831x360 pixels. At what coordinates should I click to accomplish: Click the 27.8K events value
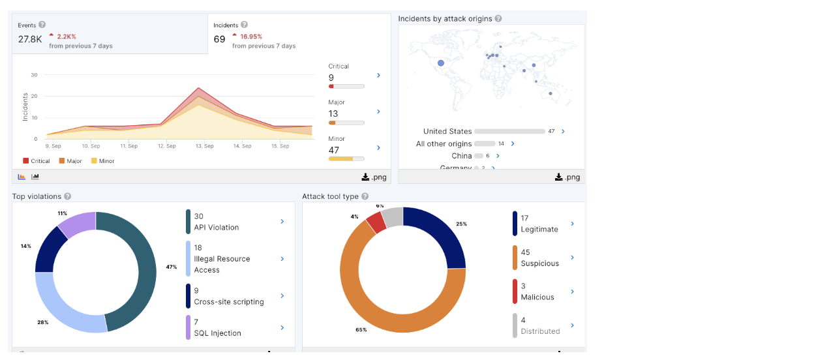[30, 39]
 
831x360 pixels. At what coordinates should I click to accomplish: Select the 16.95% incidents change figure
[251, 37]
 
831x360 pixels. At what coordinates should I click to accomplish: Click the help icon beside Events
[42, 25]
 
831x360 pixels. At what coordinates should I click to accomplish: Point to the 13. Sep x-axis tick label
[204, 146]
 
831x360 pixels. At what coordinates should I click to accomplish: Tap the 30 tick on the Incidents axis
[34, 75]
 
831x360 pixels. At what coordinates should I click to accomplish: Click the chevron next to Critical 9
[378, 76]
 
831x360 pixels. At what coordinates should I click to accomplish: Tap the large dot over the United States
[441, 63]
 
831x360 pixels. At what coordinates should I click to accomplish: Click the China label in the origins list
[461, 156]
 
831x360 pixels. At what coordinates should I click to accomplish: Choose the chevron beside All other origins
[513, 143]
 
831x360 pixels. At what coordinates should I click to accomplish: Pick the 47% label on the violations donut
[172, 267]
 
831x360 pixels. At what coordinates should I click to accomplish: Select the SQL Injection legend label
[217, 333]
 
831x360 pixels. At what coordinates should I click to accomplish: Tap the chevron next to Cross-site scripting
[282, 295]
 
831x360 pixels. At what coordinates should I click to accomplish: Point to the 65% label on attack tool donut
[361, 329]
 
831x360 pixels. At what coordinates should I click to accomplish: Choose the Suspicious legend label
[539, 263]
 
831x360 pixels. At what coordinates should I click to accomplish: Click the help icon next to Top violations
[68, 196]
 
